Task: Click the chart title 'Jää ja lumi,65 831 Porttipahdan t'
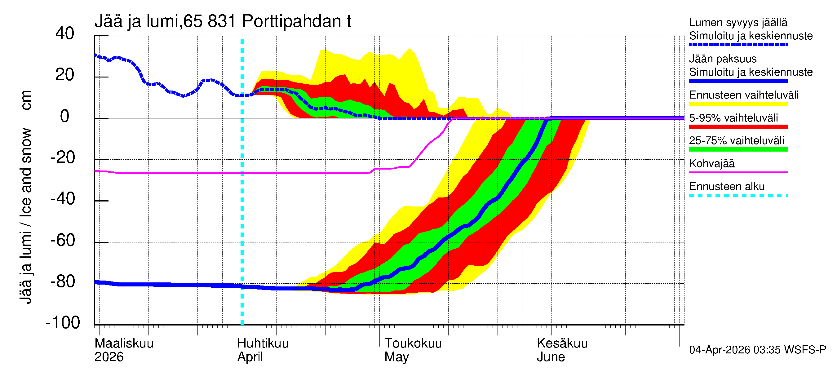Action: (x=223, y=21)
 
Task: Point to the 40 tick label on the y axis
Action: (x=65, y=33)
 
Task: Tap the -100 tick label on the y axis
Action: (x=63, y=323)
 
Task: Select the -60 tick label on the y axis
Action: (x=63, y=241)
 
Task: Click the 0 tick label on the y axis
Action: (x=65, y=116)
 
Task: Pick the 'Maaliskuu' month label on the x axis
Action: (x=124, y=343)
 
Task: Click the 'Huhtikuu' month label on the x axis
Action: (x=263, y=343)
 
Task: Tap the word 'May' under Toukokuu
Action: (x=396, y=357)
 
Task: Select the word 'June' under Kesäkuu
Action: (x=551, y=357)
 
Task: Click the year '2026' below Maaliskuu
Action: (x=109, y=357)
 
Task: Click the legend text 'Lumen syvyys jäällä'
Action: (x=738, y=23)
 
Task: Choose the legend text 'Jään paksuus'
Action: (x=723, y=59)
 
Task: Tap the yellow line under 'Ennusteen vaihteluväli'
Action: (x=738, y=104)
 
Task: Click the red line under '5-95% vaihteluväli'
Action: (x=738, y=127)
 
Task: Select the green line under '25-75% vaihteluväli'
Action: (x=738, y=149)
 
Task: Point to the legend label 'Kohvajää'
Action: (x=711, y=163)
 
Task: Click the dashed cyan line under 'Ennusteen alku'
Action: (x=738, y=195)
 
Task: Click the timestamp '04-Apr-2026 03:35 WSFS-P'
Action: (x=757, y=350)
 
